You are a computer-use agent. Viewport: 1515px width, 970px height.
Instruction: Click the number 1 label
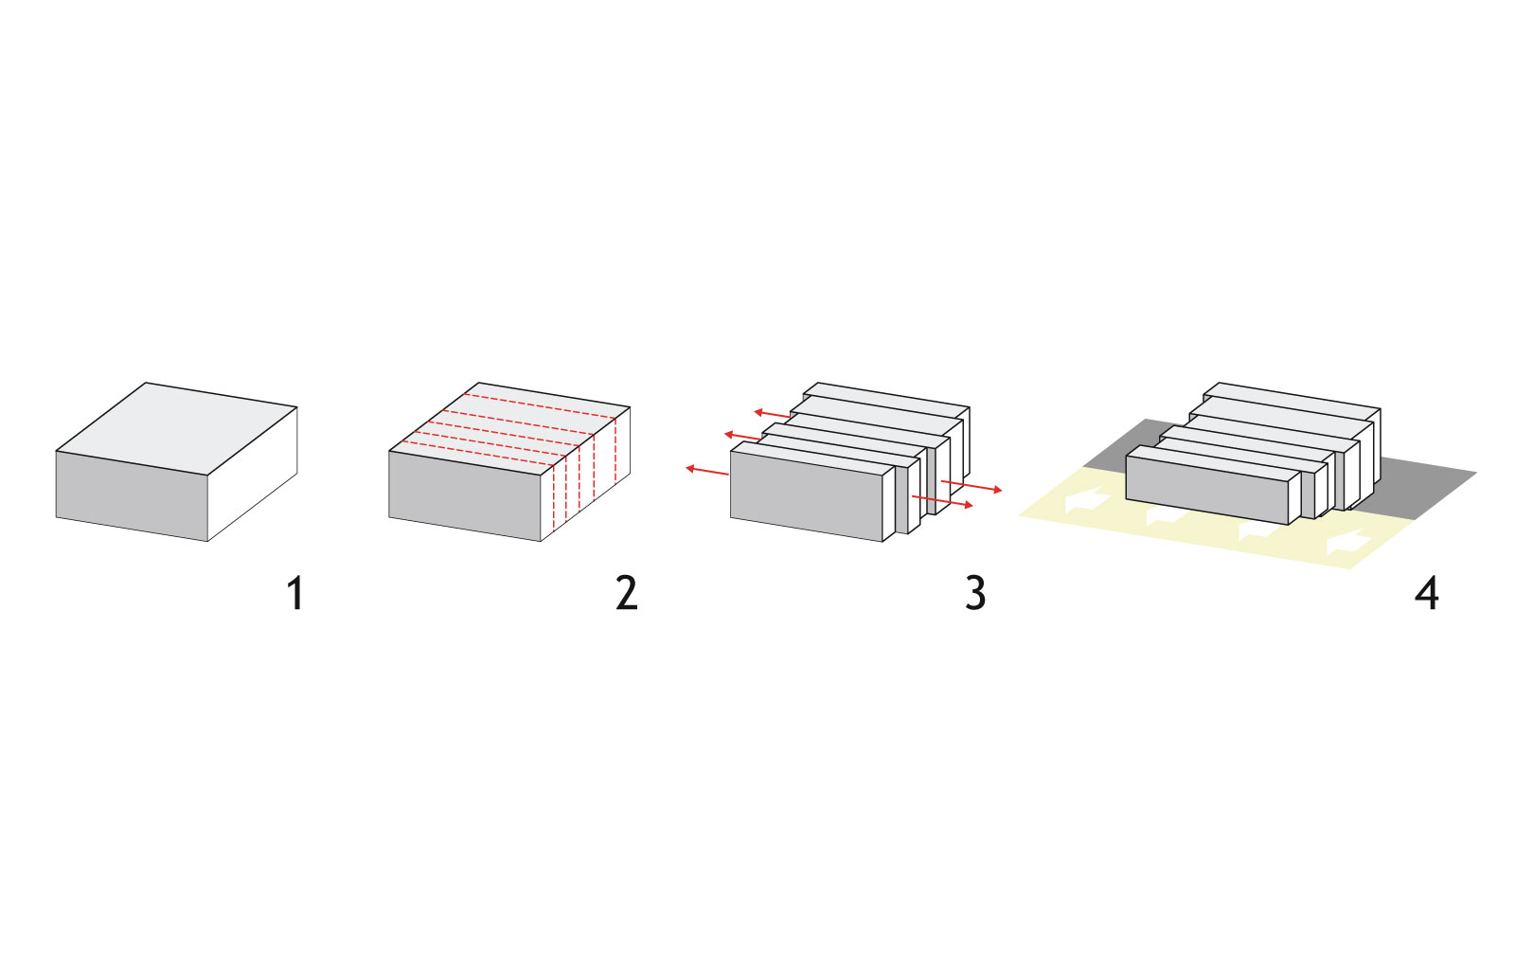tap(294, 593)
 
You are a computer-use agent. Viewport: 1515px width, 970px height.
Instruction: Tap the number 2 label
tap(626, 593)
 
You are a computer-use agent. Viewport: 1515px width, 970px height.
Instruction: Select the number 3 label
tap(975, 593)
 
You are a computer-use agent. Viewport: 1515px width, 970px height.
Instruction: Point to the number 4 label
tap(1426, 593)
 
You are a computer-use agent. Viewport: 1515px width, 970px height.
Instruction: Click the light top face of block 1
tap(176, 429)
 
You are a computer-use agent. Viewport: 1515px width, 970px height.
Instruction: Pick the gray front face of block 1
tap(132, 495)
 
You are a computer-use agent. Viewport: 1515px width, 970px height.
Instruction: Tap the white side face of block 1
tap(252, 475)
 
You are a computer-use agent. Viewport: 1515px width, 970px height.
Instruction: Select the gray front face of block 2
tap(465, 495)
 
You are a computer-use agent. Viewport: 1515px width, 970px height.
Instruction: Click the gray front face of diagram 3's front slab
tap(806, 495)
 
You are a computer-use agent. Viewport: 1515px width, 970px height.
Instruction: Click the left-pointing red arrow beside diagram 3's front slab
tap(707, 471)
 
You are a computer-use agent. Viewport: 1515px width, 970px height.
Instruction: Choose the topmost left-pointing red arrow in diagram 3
tap(773, 413)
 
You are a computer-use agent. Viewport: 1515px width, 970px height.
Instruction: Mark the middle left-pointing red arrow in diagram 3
tap(742, 437)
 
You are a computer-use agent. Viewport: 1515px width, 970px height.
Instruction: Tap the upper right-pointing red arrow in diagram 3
tap(971, 486)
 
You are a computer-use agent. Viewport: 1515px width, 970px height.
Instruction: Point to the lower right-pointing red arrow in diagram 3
tap(942, 501)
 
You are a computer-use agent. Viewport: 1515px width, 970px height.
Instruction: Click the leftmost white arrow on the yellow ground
tap(1087, 501)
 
